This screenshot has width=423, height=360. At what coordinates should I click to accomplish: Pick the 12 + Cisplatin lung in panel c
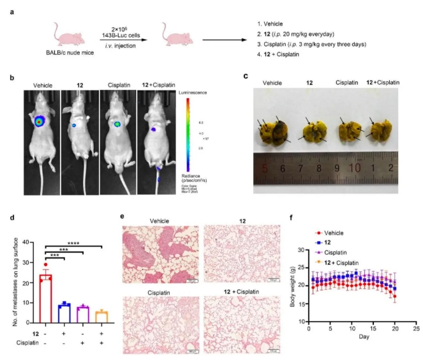tap(379, 126)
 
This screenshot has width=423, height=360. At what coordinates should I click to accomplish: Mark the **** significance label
tap(73, 241)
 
